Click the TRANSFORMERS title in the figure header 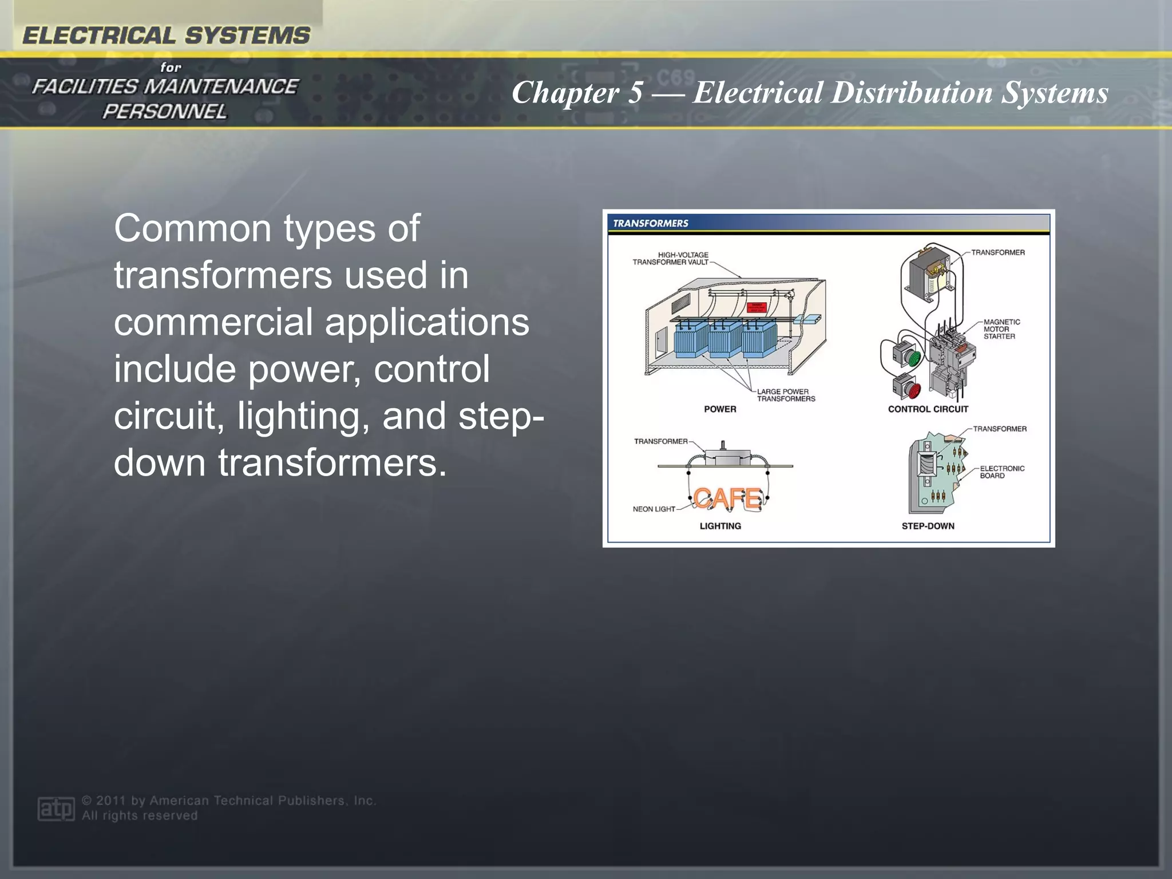[650, 223]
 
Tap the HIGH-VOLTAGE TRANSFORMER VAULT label [671, 259]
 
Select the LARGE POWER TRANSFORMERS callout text [786, 395]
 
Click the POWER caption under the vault [720, 409]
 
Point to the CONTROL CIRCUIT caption [928, 409]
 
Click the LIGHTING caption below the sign [720, 526]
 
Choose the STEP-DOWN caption [928, 526]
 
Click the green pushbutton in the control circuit [912, 358]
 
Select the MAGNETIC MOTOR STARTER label [1001, 329]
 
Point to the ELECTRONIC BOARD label [1001, 472]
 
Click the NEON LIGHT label [654, 509]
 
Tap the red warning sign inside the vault [757, 307]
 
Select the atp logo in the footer [56, 809]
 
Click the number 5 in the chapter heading [635, 92]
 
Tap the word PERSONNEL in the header [165, 112]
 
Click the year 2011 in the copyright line [111, 801]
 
